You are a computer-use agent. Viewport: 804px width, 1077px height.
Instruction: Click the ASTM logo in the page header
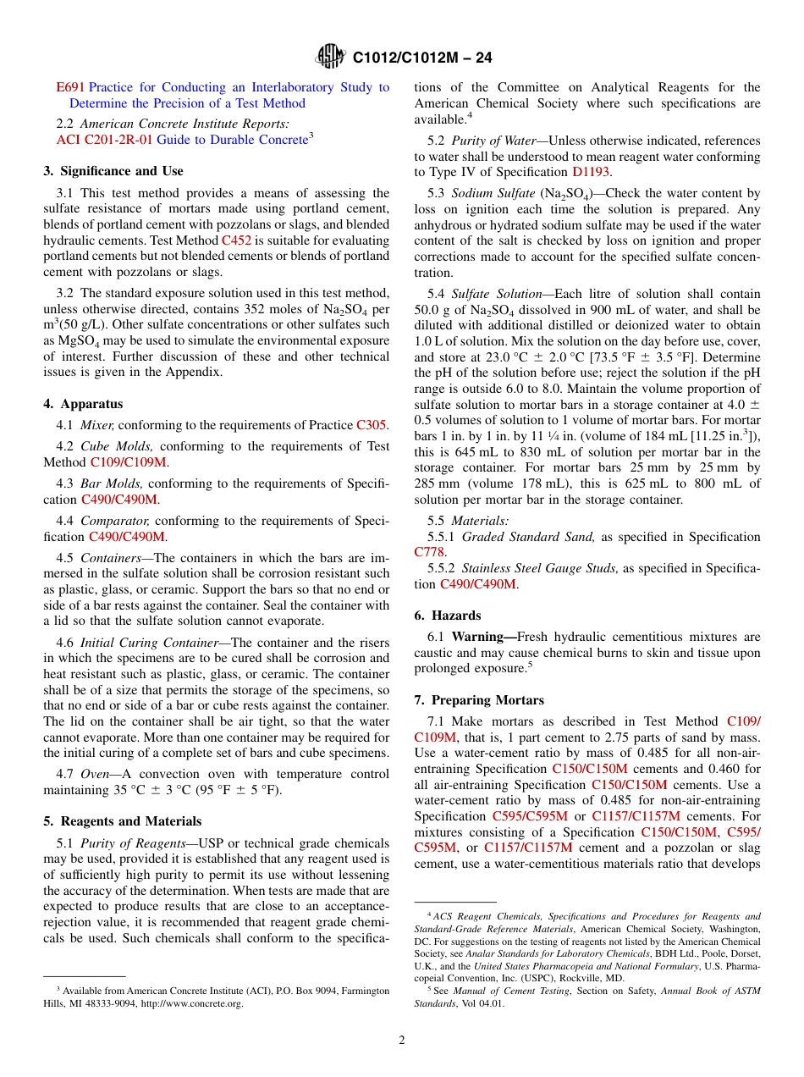point(330,57)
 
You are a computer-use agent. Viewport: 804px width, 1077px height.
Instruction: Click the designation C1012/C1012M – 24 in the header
point(421,58)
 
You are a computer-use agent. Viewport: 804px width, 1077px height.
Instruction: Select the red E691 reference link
point(70,87)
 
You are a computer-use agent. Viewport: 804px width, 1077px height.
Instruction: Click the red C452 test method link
point(236,240)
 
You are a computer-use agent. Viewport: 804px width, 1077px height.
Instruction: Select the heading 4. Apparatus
point(83,405)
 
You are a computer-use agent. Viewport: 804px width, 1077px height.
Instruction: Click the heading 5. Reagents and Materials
point(122,821)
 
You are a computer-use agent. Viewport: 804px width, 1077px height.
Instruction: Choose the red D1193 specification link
point(591,172)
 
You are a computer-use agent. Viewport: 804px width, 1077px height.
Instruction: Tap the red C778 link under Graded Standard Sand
point(429,552)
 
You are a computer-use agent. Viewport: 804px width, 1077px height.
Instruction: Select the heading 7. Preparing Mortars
point(479,700)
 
